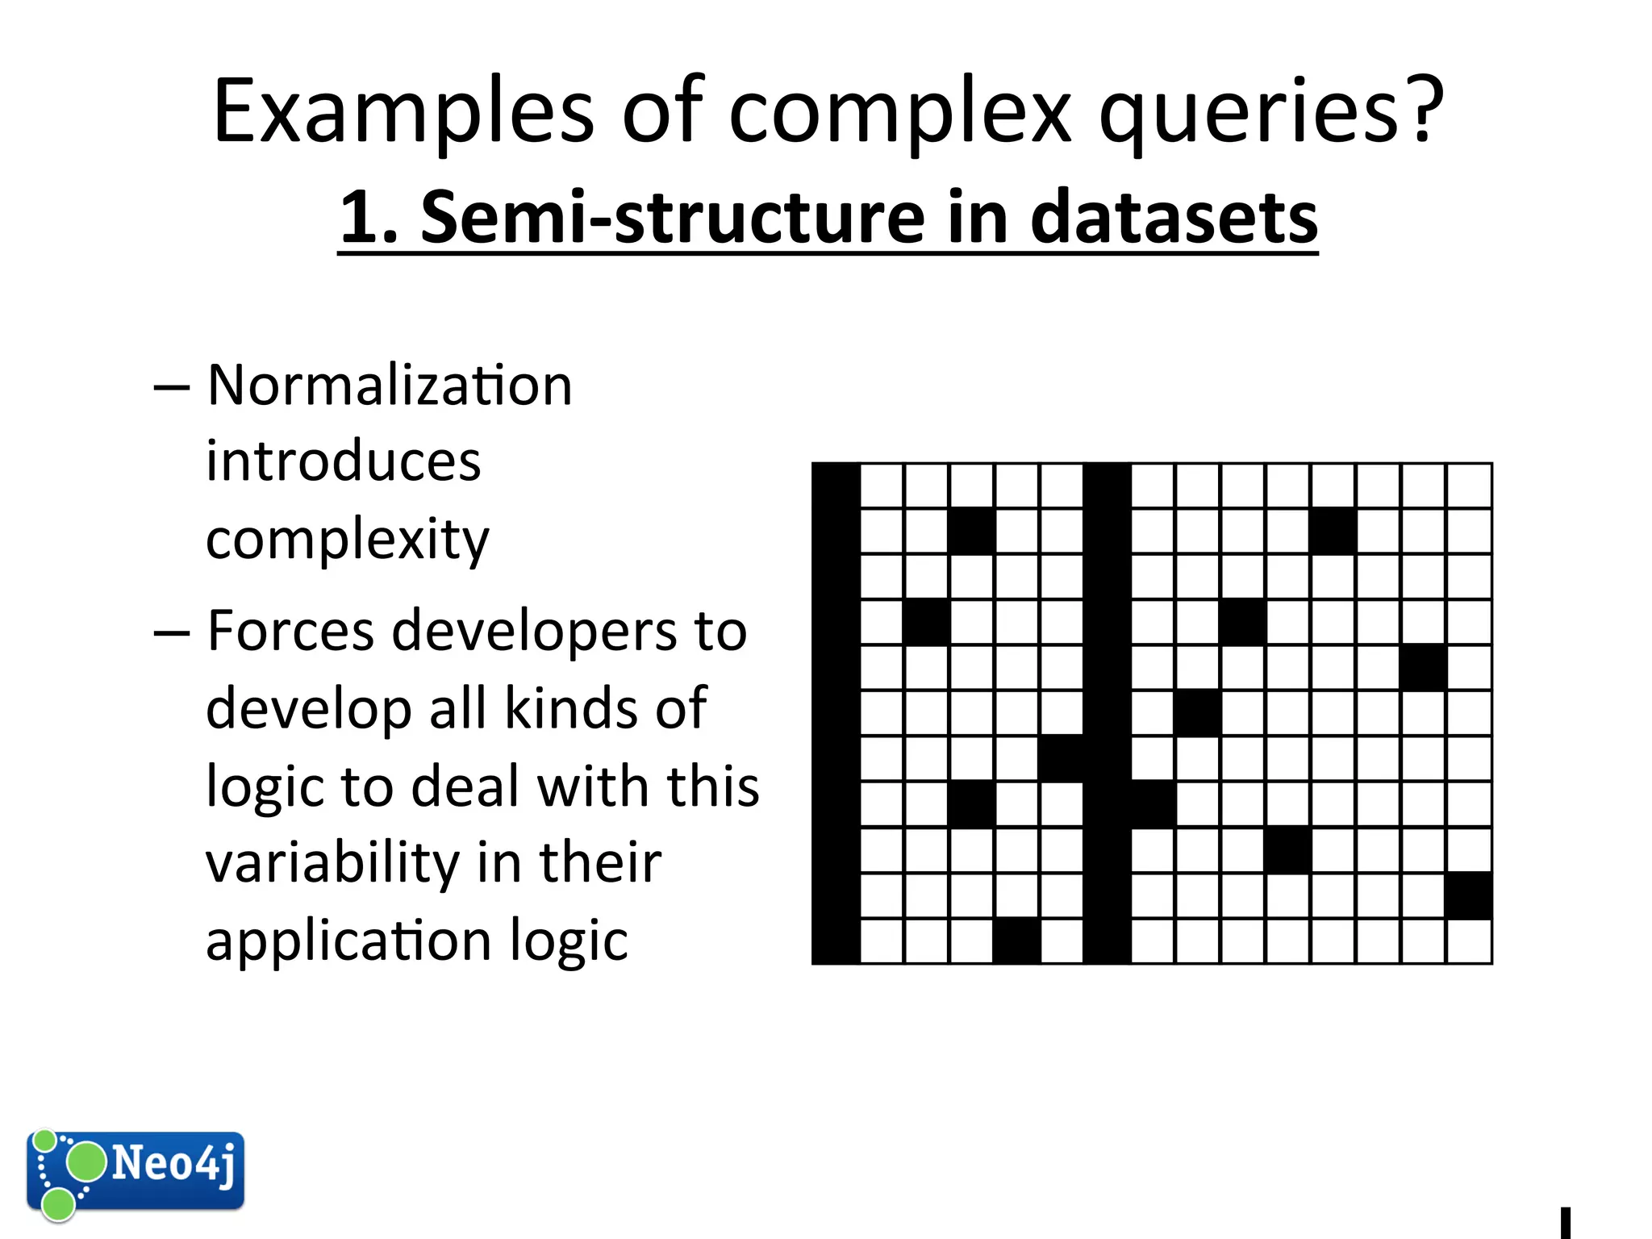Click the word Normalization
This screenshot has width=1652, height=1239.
tap(390, 385)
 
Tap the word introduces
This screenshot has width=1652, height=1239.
tap(343, 461)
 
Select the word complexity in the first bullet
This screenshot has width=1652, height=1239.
tap(347, 539)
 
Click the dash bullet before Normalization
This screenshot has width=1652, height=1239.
tap(171, 387)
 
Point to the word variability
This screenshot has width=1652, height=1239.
tap(330, 863)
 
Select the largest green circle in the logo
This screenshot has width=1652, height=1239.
tap(85, 1162)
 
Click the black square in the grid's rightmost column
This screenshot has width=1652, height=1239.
tap(1469, 895)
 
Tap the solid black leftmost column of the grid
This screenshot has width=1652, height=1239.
tap(836, 713)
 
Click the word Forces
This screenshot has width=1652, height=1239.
tap(290, 632)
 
